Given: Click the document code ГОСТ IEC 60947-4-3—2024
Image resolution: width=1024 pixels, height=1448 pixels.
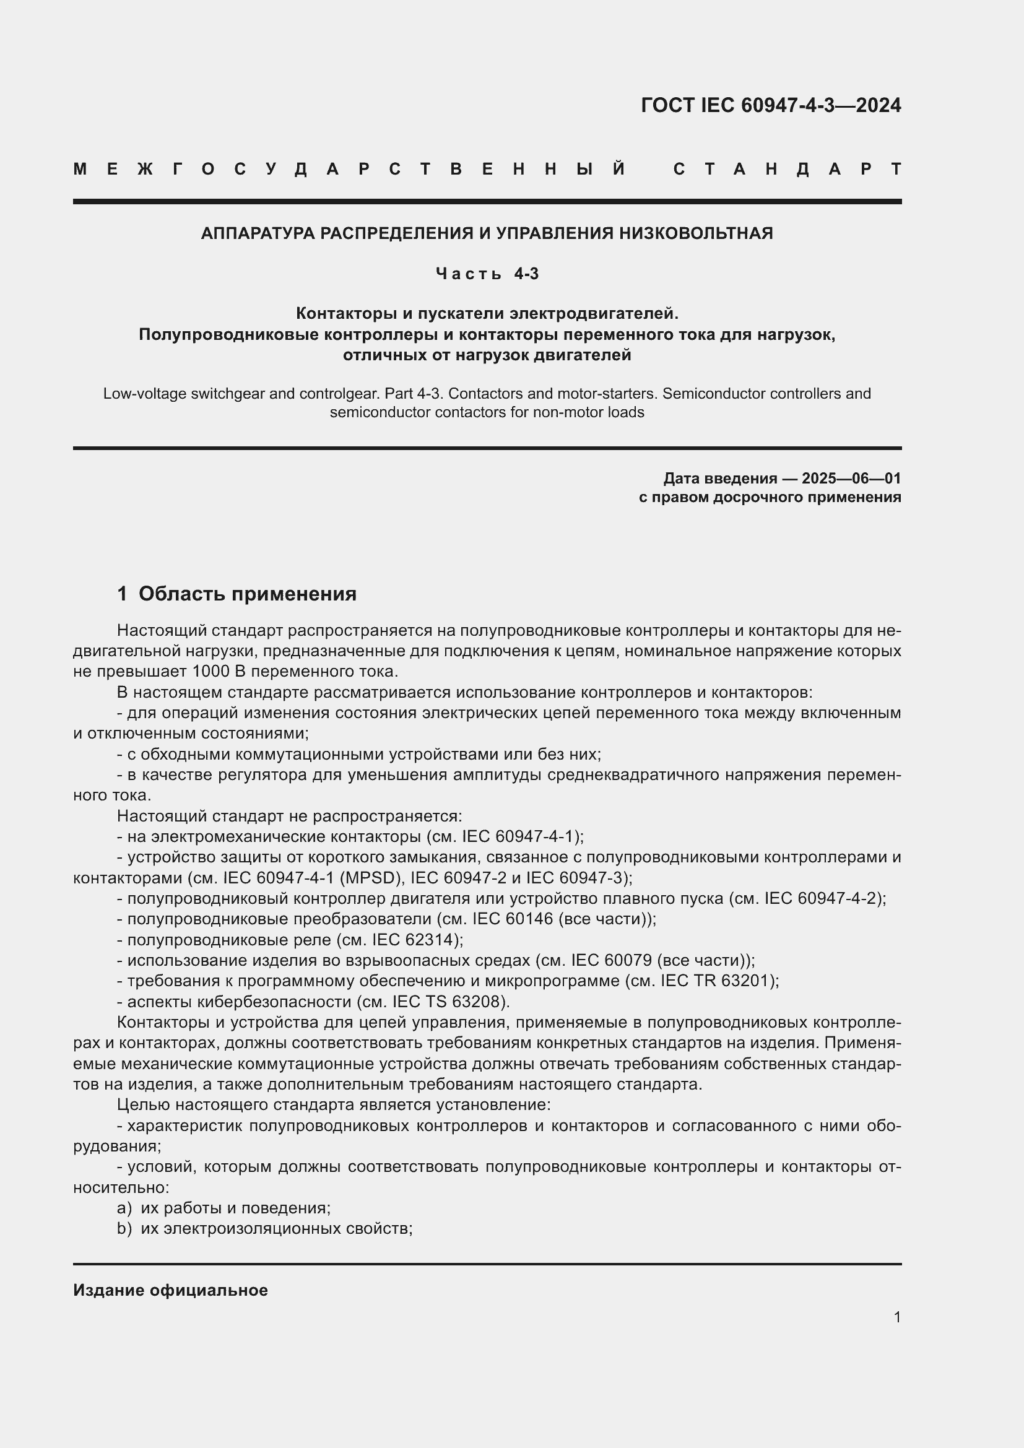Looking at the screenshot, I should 771,105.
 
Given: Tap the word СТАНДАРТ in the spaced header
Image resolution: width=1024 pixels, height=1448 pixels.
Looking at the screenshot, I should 788,169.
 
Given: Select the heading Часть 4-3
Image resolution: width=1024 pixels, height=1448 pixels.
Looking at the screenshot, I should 487,274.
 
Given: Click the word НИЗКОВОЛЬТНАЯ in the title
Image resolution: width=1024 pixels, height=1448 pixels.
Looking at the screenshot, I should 696,233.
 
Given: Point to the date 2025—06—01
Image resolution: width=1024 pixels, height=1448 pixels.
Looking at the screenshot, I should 851,478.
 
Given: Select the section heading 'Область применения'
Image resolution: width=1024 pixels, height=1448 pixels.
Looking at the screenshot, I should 247,594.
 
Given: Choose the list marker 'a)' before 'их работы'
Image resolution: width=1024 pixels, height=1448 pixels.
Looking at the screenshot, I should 124,1208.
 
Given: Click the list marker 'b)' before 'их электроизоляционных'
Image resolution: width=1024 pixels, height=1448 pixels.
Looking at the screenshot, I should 124,1228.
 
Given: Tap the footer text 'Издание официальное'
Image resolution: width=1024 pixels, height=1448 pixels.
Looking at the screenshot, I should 170,1290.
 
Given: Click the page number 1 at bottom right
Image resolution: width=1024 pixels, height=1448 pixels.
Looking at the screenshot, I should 896,1317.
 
